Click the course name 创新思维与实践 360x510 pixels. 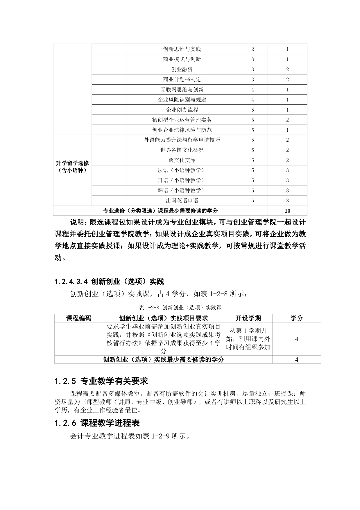coord(182,49)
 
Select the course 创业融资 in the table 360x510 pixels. coord(182,69)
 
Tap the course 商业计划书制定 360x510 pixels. coord(182,79)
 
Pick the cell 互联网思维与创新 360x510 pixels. coord(182,90)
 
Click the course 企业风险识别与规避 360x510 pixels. coord(182,100)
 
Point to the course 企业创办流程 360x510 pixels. coord(182,110)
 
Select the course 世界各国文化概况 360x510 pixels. coord(182,150)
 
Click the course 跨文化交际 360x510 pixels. coord(182,160)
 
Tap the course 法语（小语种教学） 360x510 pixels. coord(182,170)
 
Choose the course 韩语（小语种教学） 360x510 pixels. coord(182,190)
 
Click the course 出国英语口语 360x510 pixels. coord(182,201)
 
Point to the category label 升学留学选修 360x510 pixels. coord(72,163)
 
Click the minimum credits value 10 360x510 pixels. coord(287,211)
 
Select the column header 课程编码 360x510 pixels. coord(78,318)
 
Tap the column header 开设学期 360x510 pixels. coord(248,318)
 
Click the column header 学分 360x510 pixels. coord(296,318)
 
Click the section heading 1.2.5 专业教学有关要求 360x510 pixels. coord(101,381)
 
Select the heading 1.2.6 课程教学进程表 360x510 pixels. coord(97,423)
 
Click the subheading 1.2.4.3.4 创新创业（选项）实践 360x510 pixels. coord(109,281)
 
